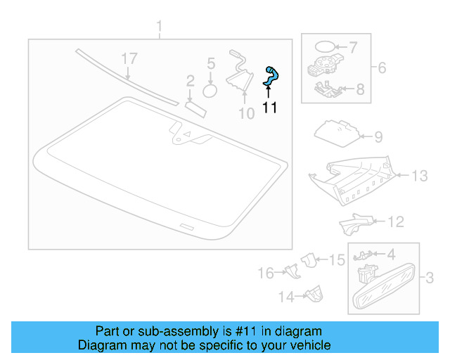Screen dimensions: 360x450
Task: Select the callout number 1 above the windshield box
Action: (x=159, y=27)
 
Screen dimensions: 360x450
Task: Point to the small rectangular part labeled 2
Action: (x=194, y=106)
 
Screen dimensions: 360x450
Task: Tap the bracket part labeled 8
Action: (x=324, y=90)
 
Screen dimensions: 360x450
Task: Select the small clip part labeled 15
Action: (x=308, y=260)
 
